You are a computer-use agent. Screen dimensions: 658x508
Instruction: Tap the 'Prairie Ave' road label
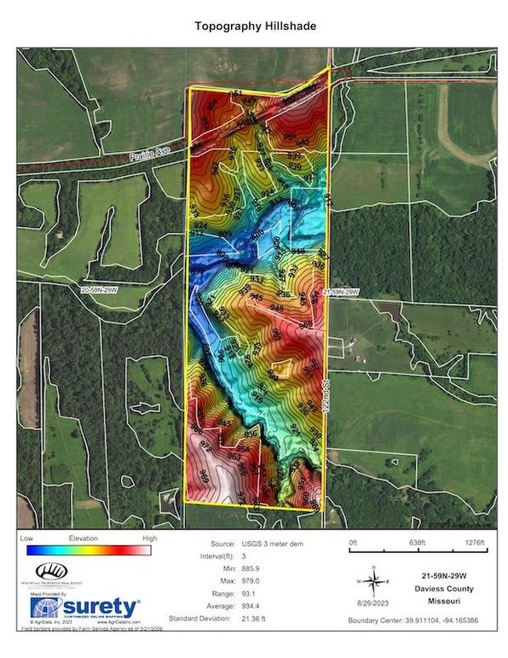click(151, 155)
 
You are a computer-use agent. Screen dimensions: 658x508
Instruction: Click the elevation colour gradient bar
click(89, 550)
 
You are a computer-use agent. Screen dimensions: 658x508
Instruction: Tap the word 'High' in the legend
click(150, 539)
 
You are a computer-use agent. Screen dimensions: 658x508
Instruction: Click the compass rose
click(373, 584)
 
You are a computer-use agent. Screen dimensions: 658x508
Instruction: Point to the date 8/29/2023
click(373, 603)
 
